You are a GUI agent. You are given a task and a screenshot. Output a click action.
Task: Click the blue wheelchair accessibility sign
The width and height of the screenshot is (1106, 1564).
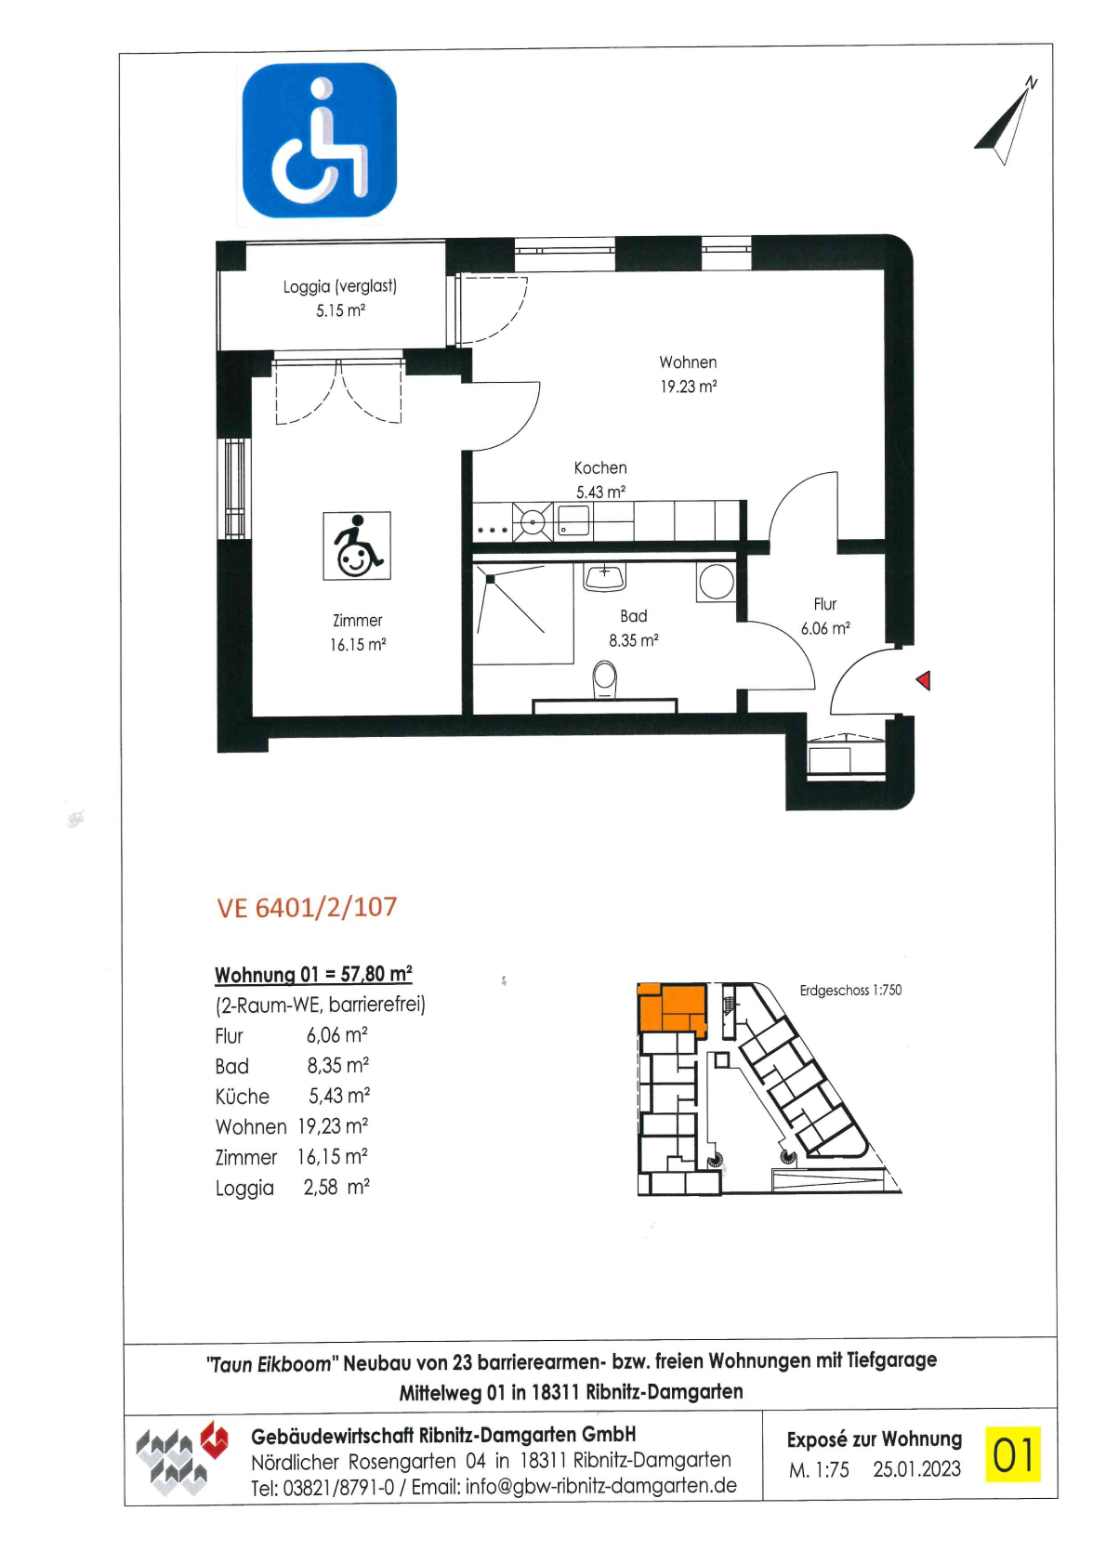[x=319, y=140]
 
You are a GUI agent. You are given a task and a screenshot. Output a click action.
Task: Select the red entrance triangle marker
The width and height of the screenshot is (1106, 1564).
[x=923, y=680]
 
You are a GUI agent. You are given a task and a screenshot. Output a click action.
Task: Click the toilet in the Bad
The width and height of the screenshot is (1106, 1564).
[x=605, y=679]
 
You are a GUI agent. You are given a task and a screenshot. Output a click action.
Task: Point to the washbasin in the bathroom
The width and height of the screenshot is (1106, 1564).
[x=605, y=577]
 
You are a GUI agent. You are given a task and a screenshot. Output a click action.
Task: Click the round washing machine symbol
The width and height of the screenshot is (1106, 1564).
[x=716, y=581]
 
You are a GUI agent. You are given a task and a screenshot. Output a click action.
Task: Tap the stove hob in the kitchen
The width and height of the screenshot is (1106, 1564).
[x=533, y=521]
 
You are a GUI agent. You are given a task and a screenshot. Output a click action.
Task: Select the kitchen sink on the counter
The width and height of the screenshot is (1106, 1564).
[x=573, y=520]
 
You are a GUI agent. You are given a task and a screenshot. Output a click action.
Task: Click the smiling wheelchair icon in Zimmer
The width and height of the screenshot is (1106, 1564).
[x=357, y=546]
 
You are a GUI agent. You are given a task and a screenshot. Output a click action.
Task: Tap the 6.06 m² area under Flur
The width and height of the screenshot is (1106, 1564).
[x=825, y=628]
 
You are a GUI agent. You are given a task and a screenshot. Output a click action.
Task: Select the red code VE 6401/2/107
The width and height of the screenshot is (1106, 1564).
[x=308, y=907]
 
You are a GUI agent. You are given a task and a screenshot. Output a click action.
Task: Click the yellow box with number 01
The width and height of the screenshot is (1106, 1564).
[x=1012, y=1454]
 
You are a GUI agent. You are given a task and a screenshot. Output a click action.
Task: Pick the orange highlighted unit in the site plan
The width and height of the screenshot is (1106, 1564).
[x=671, y=1007]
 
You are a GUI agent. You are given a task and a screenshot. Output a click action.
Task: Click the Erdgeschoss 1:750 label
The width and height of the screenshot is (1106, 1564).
[x=850, y=990]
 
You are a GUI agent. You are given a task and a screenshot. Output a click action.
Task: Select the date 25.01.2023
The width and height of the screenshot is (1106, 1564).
[x=916, y=1469]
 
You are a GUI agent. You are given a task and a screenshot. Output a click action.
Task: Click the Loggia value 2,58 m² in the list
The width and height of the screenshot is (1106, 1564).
[x=336, y=1188]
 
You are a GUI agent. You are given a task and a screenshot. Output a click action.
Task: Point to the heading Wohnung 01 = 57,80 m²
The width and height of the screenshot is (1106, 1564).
[x=313, y=974]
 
